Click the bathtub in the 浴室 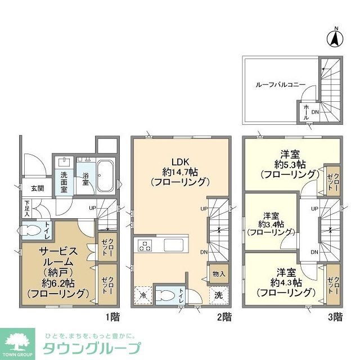click(105, 176)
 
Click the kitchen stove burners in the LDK click(144, 245)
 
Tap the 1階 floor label click(115, 317)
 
